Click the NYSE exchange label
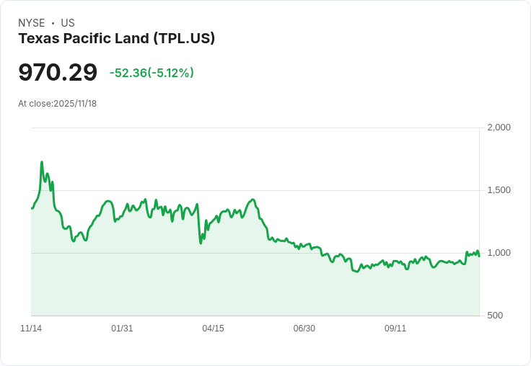31,23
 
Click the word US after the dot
68,23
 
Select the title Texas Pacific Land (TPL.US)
116,39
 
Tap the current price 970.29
58,73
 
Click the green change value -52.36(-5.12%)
152,73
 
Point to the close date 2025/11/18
75,104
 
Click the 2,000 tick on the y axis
499,128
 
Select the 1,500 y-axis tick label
499,190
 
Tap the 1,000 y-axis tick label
499,253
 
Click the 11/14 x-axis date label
31,329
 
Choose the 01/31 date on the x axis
122,329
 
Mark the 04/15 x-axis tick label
213,329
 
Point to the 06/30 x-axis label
304,329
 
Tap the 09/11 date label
395,329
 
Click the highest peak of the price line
42,162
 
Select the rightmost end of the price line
479,256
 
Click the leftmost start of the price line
32,208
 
